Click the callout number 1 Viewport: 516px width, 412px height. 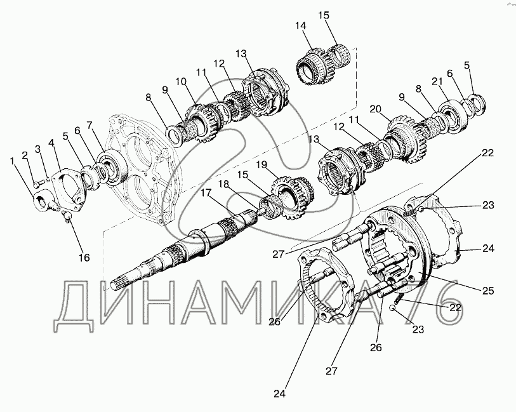(13, 161)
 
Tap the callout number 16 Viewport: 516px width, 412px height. (84, 257)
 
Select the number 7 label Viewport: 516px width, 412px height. (90, 125)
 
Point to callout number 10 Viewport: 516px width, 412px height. (181, 82)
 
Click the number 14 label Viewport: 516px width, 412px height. (300, 26)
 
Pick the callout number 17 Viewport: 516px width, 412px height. (206, 193)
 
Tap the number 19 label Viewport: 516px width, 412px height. (262, 165)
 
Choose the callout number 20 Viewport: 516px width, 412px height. (375, 109)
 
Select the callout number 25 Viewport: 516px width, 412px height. (488, 291)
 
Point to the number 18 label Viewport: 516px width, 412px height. (223, 184)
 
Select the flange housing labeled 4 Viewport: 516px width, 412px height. (70, 191)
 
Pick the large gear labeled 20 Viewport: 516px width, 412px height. (407, 138)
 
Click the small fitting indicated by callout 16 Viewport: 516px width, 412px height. (67, 216)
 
